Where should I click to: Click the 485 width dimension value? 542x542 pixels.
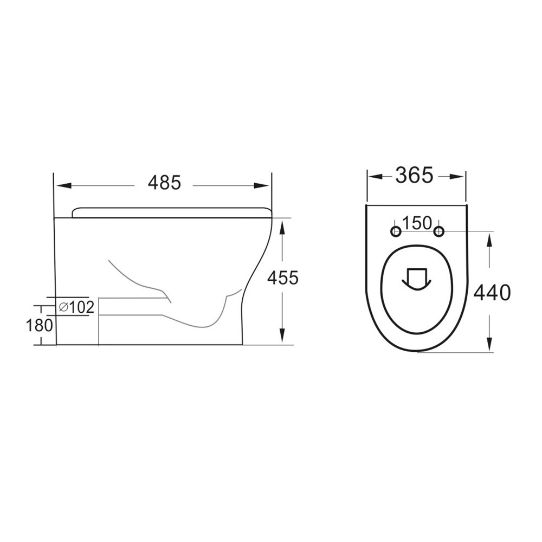[164, 183]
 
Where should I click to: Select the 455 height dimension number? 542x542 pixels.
[282, 278]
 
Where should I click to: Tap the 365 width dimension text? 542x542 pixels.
[414, 175]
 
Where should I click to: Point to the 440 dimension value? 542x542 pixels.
[492, 293]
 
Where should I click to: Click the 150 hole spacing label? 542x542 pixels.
[417, 223]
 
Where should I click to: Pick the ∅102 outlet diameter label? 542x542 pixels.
[76, 307]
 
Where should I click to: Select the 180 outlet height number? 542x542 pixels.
[40, 325]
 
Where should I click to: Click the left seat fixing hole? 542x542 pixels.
[396, 232]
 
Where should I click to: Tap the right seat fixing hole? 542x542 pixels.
[438, 232]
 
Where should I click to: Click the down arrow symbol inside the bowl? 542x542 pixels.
[416, 278]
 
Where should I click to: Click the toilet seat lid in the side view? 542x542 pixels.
[171, 212]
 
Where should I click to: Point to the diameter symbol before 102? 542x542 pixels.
[62, 307]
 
